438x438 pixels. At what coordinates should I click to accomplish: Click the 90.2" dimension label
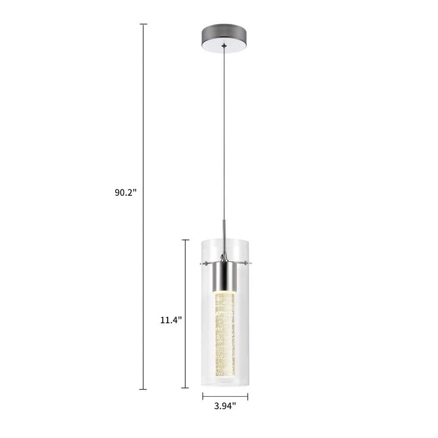(126, 192)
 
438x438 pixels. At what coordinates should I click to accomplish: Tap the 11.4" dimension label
(171, 320)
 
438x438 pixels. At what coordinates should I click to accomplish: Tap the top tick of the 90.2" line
(143, 24)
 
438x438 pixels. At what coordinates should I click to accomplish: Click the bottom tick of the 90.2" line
(143, 389)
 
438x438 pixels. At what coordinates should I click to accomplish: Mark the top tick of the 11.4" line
(185, 240)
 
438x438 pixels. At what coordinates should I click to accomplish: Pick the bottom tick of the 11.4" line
(185, 388)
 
